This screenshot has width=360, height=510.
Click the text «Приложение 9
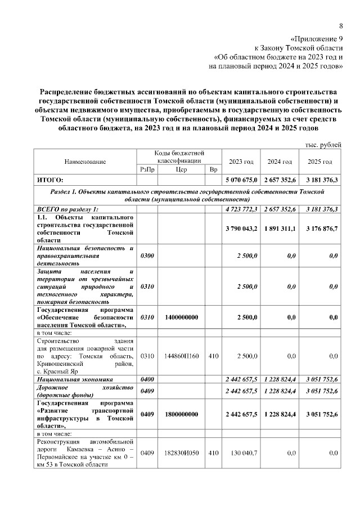tap(316, 39)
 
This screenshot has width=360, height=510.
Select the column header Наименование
tap(85, 162)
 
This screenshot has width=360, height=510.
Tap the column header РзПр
tap(146, 169)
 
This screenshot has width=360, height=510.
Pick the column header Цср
tap(181, 169)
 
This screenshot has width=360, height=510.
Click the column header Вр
tap(213, 169)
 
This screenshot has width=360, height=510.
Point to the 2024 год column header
tap(280, 162)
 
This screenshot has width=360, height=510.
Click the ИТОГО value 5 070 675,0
tap(240, 180)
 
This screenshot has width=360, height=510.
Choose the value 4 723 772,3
tap(240, 209)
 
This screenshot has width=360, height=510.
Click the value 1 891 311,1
tap(280, 229)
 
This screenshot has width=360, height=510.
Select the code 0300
tap(146, 256)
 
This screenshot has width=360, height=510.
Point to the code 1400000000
tap(181, 317)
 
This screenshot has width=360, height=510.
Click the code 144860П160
tap(181, 356)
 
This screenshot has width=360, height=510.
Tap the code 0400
tap(146, 381)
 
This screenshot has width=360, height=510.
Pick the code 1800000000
tap(181, 414)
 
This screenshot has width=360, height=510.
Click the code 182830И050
tap(181, 453)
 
